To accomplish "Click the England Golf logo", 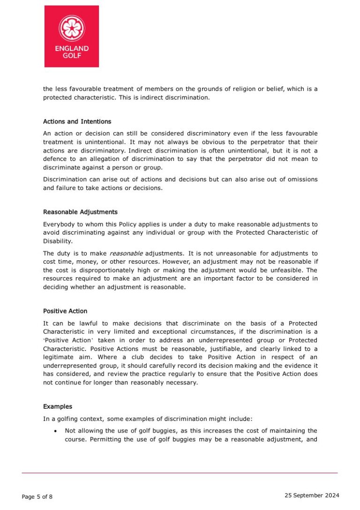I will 71,36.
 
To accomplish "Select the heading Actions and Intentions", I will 77,122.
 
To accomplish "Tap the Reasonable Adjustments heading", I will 80,212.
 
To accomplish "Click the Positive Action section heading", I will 65,311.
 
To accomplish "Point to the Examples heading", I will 58,406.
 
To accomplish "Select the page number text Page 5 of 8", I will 37,497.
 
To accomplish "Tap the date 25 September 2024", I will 312,495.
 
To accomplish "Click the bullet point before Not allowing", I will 56,431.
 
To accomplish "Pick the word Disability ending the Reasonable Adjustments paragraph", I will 58,241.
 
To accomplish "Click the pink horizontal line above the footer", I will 180,472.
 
